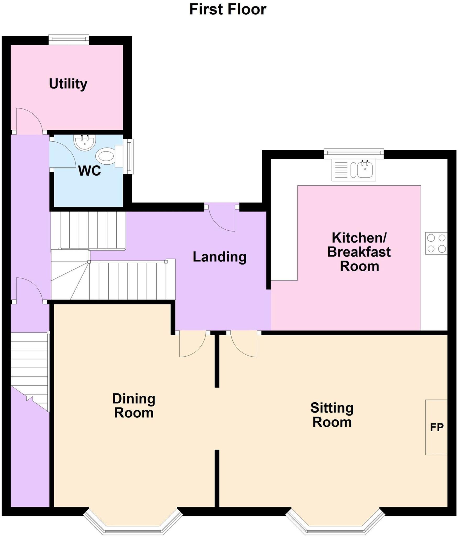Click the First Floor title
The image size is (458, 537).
tap(227, 10)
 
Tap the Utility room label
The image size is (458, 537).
tap(68, 84)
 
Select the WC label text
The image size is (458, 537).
tap(89, 171)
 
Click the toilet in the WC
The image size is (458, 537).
tap(106, 157)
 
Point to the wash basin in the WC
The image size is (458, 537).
tap(84, 142)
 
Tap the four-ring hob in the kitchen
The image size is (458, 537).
tap(436, 243)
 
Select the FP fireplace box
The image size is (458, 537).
tap(436, 427)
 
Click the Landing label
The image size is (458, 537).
tap(220, 257)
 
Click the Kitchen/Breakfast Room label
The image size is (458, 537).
tap(359, 252)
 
